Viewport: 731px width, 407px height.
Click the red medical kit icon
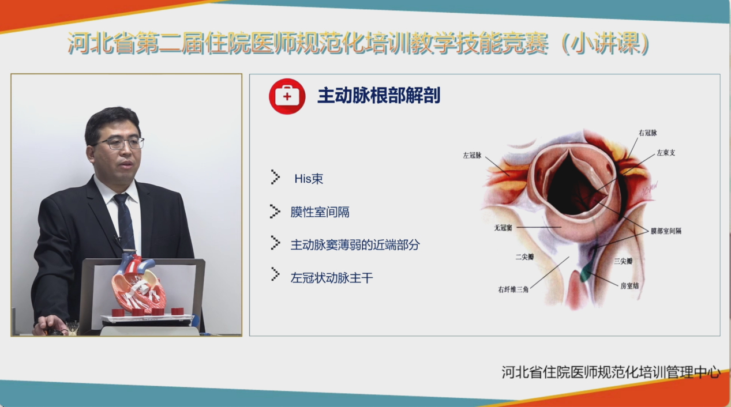287,96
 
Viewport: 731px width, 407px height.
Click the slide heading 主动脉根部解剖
379,96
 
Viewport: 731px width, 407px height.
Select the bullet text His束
309,179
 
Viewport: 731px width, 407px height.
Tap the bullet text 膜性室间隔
320,212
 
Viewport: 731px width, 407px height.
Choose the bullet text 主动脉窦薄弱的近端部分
355,245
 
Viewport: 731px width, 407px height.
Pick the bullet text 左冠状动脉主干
332,278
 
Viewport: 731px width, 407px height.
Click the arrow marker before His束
275,177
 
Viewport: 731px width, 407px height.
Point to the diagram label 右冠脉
647,133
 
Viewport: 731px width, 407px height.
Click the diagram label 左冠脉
472,155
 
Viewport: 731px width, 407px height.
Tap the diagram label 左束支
666,153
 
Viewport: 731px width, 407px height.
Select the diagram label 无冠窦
503,228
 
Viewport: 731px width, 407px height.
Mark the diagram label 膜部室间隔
666,231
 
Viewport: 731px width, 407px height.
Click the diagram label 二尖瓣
524,257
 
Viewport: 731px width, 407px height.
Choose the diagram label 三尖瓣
623,261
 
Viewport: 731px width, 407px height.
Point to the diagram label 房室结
629,286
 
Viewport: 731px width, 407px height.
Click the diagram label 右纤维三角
513,289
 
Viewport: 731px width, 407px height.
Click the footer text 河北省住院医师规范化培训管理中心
610,372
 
